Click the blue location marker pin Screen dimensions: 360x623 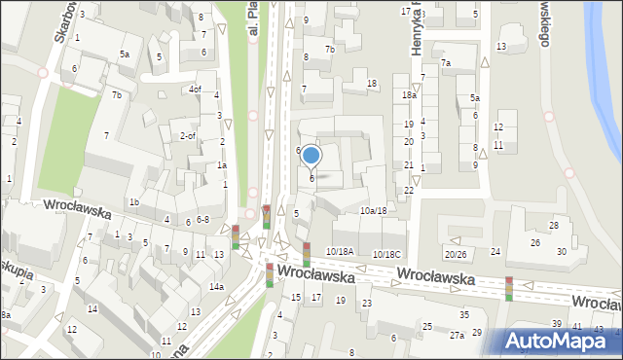[x=311, y=155]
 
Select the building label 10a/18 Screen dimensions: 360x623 [x=373, y=210]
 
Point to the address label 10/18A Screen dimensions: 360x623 [x=340, y=252]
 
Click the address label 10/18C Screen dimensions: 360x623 [x=386, y=254]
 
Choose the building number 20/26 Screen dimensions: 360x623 [x=456, y=254]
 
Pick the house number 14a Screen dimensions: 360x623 [x=216, y=287]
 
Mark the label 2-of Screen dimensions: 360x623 [x=188, y=135]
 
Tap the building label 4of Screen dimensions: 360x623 [x=195, y=90]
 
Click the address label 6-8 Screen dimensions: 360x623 [x=202, y=220]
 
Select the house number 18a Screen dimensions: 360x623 [x=409, y=95]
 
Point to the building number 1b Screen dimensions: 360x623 [x=134, y=202]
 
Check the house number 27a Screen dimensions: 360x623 [x=456, y=335]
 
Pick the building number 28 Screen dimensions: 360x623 [x=554, y=226]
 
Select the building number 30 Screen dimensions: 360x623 [x=561, y=252]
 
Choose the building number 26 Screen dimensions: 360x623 [x=534, y=242]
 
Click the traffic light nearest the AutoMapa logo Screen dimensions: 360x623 [x=508, y=289]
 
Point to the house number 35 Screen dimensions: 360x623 [x=464, y=314]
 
